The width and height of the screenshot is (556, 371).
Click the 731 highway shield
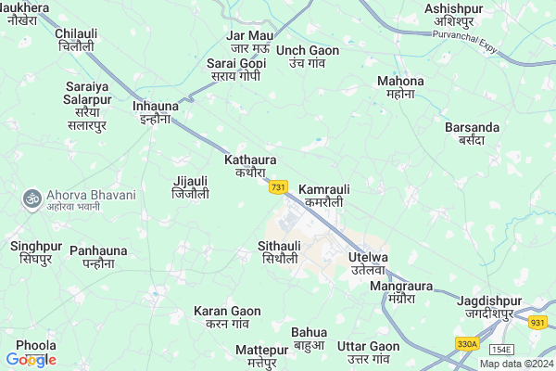coord(277,187)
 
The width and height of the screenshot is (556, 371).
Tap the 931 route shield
coord(538,323)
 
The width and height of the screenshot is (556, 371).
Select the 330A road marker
coord(467,344)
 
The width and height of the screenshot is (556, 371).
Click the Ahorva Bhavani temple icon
coord(32,198)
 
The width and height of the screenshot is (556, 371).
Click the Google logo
coord(31,360)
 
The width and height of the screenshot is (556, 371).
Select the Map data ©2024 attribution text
coord(515,364)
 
